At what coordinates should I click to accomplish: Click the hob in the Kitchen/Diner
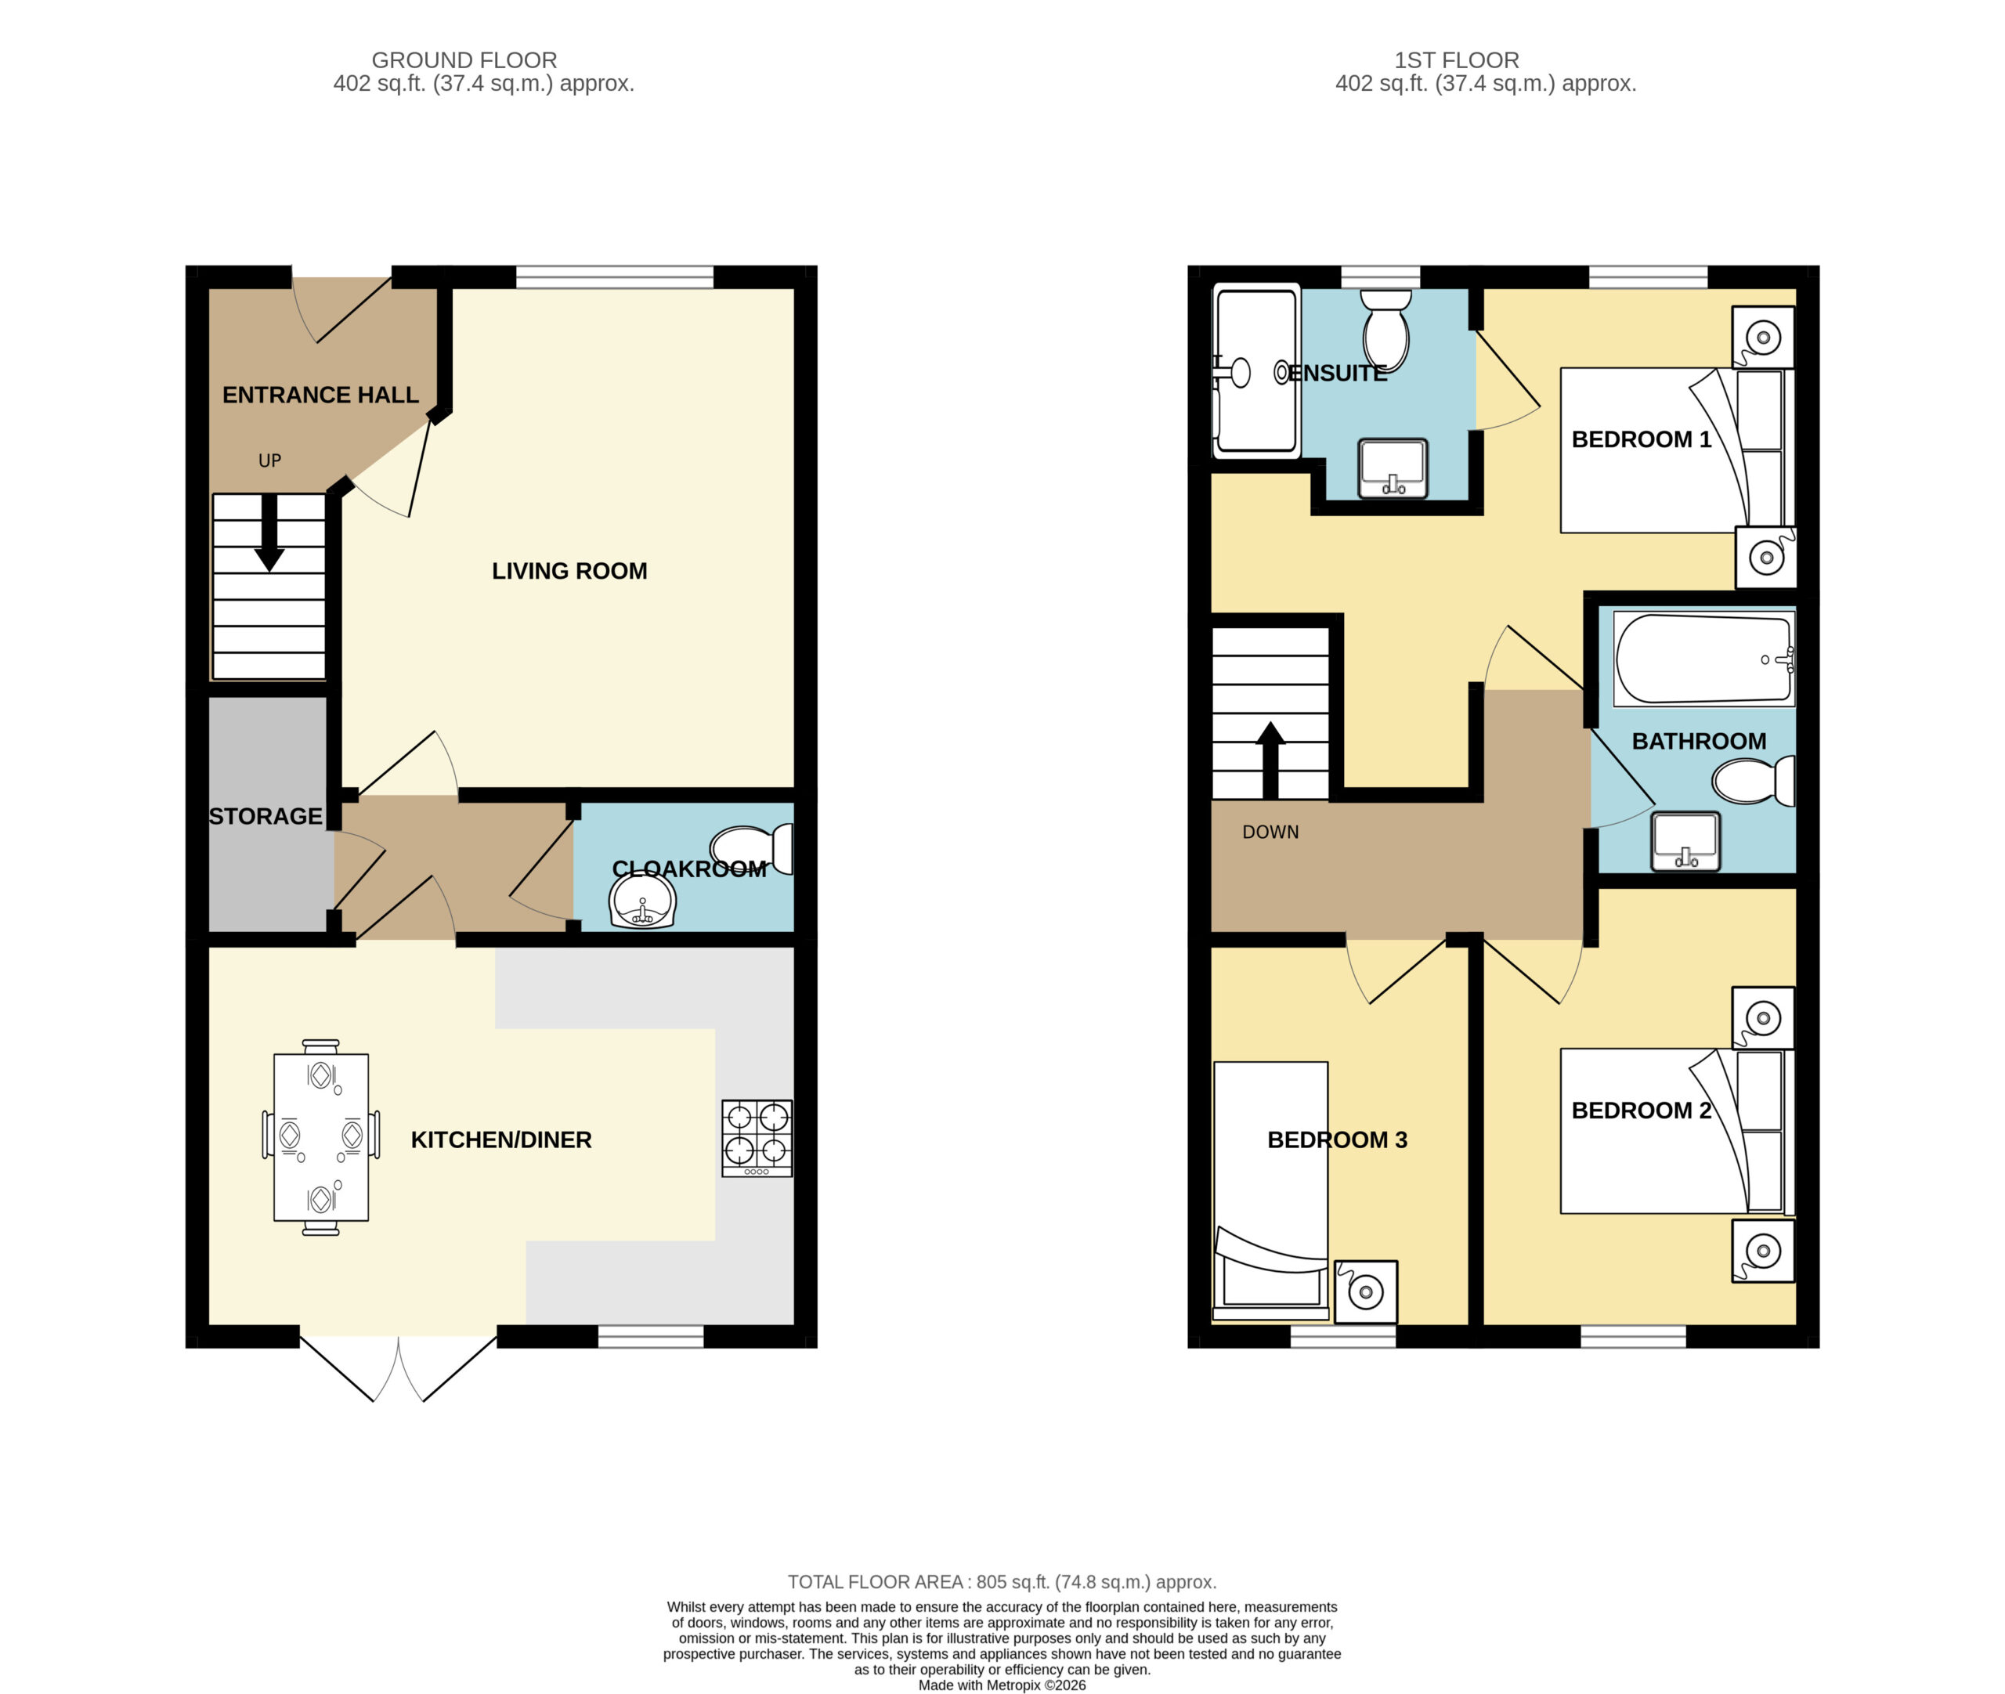(757, 1138)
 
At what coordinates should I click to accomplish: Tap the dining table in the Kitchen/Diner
(321, 1137)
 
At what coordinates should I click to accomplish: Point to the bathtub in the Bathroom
(1704, 659)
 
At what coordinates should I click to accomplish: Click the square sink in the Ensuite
(1393, 468)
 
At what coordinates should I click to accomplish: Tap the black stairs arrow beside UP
(269, 532)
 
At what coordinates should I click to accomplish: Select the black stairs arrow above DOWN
(1270, 760)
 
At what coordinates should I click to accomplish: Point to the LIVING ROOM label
(569, 572)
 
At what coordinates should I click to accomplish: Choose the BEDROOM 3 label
(1337, 1140)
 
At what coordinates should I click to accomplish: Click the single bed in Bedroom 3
(1271, 1190)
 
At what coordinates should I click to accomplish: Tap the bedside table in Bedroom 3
(1365, 1291)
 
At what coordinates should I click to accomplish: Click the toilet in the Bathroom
(1754, 781)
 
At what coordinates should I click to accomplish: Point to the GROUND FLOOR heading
(464, 60)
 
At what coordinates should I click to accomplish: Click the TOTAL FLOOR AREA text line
(1002, 1582)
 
